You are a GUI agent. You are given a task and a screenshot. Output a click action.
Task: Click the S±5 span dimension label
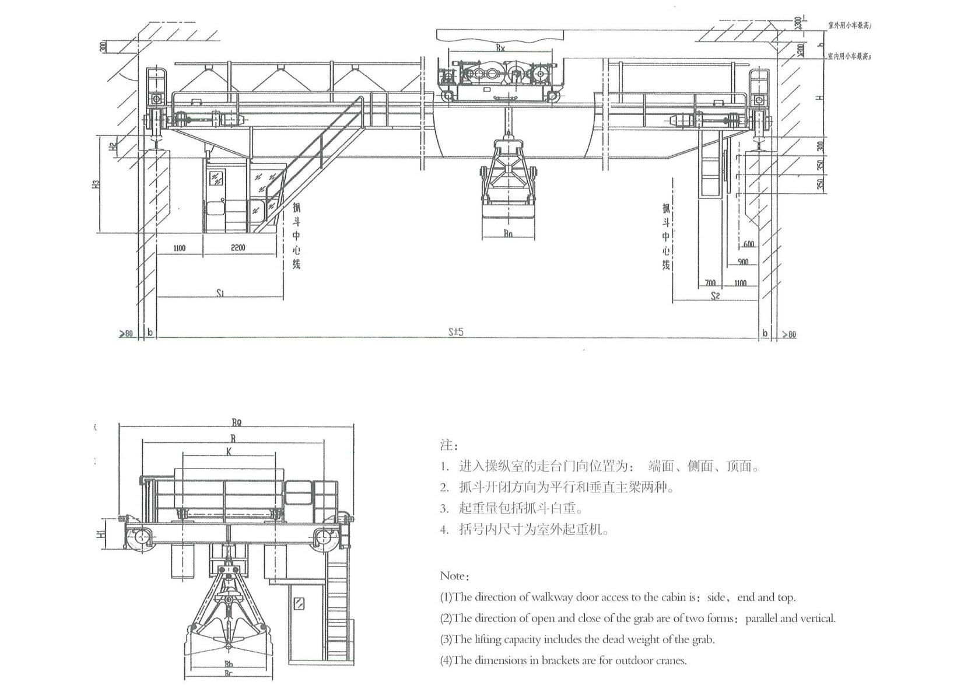click(455, 332)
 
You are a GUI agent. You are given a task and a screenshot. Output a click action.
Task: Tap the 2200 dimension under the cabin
click(238, 247)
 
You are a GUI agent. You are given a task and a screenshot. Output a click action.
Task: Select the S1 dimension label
click(220, 293)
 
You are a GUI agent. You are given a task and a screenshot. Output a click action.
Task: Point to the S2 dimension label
click(715, 296)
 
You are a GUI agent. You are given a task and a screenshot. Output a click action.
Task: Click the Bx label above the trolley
click(500, 48)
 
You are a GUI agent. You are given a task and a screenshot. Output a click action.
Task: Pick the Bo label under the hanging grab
click(509, 233)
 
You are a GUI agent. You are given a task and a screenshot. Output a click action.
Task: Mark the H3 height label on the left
click(97, 183)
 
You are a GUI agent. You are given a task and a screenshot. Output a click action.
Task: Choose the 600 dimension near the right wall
click(748, 244)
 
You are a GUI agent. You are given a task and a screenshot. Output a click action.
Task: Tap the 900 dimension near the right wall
click(742, 262)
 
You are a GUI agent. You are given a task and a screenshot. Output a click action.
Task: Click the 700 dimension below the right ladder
click(710, 282)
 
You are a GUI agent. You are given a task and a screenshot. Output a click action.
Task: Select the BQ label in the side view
click(236, 422)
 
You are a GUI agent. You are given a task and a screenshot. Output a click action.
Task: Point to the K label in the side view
click(229, 451)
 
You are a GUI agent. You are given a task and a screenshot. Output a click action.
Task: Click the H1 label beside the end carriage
click(100, 533)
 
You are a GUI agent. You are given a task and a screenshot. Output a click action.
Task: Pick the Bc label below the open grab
click(229, 673)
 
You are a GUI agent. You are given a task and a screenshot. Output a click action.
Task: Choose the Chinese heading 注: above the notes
click(446, 445)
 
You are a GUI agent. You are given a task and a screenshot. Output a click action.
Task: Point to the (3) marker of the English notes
click(446, 639)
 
